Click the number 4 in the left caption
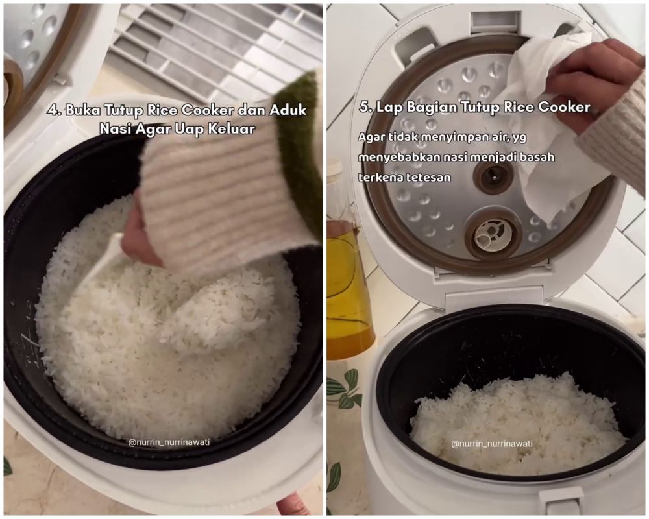point(51,110)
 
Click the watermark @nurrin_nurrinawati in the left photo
point(169,442)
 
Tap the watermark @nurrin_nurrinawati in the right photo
point(492,444)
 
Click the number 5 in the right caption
point(365,108)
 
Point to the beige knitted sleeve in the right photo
point(613,137)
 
